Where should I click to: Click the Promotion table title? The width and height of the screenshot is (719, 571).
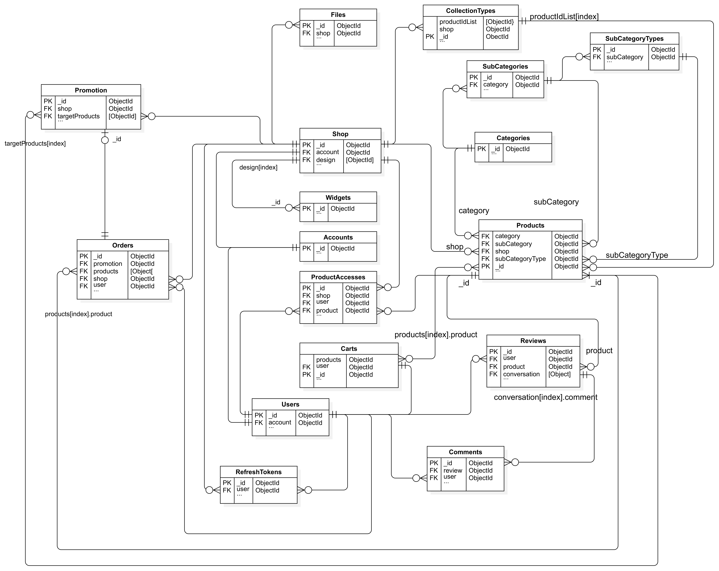pos(91,90)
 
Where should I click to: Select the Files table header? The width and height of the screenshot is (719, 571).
pos(338,15)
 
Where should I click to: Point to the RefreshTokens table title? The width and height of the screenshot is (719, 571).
pos(258,472)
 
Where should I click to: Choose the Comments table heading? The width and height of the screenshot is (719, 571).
pos(465,452)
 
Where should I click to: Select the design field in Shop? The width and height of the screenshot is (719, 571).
pos(325,160)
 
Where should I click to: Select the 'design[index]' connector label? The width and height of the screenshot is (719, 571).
pos(258,167)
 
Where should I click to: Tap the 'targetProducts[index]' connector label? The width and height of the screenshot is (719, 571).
pos(35,144)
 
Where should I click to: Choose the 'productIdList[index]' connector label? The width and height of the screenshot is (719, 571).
pos(564,17)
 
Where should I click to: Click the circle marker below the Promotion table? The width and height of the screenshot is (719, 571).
pos(105,140)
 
